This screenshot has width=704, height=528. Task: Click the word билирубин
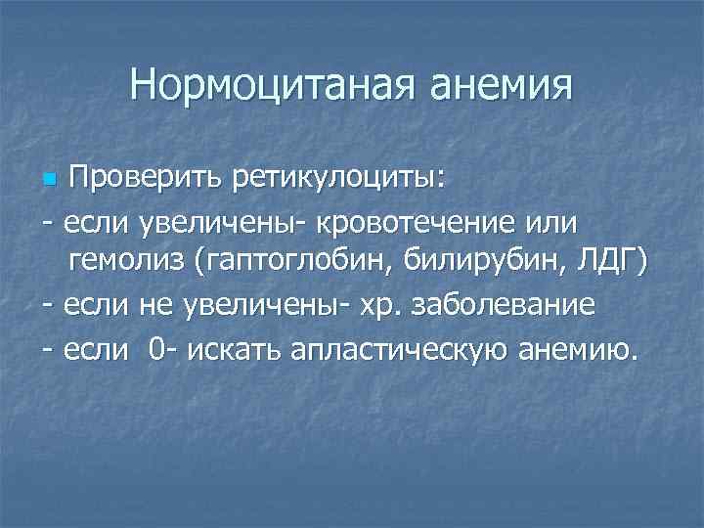461,262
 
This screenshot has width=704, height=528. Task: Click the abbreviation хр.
369,304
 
